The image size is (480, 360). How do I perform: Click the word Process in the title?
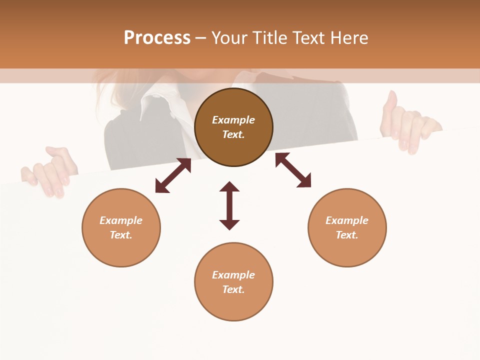point(157,38)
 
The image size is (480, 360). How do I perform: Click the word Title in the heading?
point(270,38)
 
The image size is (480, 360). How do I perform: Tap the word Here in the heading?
point(348,38)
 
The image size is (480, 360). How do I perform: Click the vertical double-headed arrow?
point(229,205)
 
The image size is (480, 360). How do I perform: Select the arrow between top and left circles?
point(173,175)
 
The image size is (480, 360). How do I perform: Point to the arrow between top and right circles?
point(293,170)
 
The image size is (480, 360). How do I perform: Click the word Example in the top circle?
point(233,120)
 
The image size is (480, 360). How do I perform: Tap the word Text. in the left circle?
point(121,235)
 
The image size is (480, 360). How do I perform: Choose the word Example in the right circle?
point(347,220)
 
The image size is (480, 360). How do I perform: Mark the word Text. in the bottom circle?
point(233,289)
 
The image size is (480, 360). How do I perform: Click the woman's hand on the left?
point(50,172)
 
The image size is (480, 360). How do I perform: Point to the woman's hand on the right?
point(407,125)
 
